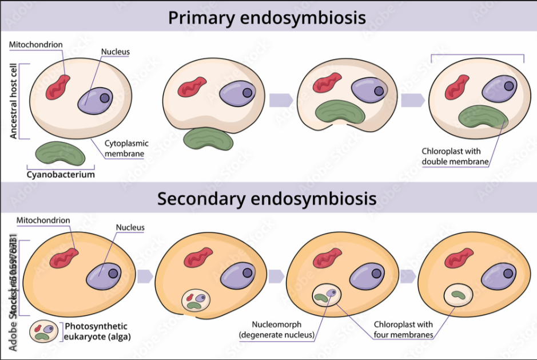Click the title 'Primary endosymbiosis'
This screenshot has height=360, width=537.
click(x=267, y=17)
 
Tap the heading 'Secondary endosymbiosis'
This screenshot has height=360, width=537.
click(x=267, y=198)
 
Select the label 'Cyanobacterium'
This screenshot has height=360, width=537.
click(x=60, y=174)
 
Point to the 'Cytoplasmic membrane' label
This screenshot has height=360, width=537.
click(x=125, y=149)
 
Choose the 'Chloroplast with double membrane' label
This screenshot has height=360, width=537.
click(x=455, y=156)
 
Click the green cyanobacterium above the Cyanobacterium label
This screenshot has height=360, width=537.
click(x=60, y=153)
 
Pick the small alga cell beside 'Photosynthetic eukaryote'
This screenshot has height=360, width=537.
click(x=44, y=331)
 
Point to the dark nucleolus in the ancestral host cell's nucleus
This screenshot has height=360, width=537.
click(x=105, y=98)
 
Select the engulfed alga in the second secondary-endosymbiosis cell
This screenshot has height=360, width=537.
click(x=196, y=300)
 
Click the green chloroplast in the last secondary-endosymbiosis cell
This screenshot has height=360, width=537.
click(x=458, y=295)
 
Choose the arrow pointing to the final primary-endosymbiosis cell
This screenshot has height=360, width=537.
click(x=412, y=100)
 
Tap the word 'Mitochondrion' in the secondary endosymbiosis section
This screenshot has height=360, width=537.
click(x=43, y=220)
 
